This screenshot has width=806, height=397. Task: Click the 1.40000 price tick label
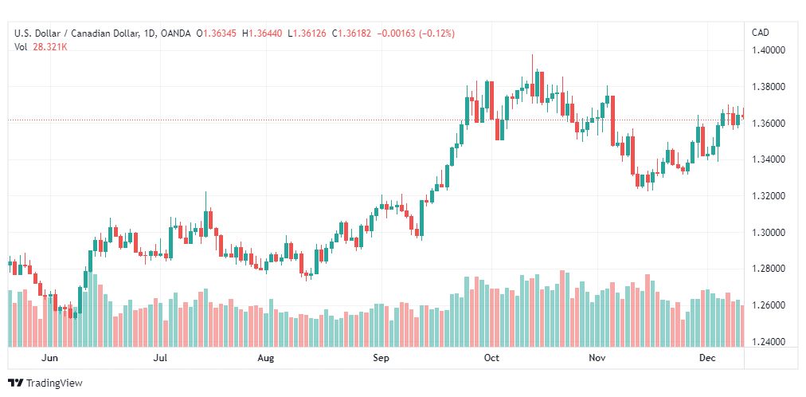[x=769, y=50]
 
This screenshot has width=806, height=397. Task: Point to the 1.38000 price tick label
[x=769, y=87]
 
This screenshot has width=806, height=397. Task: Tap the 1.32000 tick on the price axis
[x=769, y=196]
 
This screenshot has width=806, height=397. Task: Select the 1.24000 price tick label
[x=769, y=342]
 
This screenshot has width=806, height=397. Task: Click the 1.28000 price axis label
[x=769, y=269]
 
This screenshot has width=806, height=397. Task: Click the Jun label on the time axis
[x=49, y=359]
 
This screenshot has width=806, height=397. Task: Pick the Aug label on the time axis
[x=266, y=359]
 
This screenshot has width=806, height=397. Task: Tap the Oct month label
[x=491, y=359]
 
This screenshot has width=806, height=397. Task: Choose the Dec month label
[x=706, y=359]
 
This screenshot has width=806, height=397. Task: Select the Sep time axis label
[x=381, y=359]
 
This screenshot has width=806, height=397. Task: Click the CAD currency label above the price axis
[x=761, y=33]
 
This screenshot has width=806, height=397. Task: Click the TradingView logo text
[x=55, y=383]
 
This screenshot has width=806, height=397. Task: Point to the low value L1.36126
[x=313, y=33]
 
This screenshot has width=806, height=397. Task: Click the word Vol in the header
[x=22, y=46]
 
